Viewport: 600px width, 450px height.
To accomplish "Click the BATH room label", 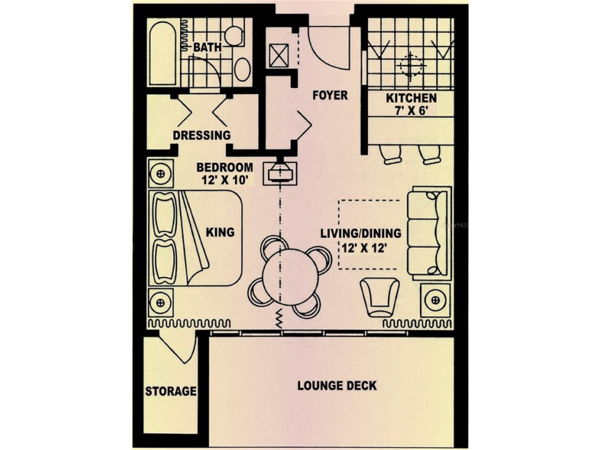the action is click(207, 47).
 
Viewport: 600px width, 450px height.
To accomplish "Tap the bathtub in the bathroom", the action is click(163, 53).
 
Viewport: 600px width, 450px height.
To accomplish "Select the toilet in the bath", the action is click(234, 36).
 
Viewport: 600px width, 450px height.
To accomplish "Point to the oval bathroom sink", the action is click(242, 69).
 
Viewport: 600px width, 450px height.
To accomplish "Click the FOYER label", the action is click(330, 95).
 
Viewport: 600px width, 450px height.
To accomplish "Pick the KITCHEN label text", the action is click(411, 98).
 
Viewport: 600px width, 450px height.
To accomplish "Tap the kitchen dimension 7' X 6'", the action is click(411, 111).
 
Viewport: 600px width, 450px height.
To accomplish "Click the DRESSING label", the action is click(201, 135).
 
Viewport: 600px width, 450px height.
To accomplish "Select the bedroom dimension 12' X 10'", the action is click(225, 180).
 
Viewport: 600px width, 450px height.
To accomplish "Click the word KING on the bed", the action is click(220, 232).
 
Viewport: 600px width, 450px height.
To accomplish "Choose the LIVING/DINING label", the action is click(361, 233).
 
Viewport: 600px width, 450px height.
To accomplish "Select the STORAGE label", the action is click(171, 391).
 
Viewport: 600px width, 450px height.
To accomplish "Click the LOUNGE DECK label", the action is click(337, 385).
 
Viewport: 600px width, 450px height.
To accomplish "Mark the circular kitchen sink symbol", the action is click(411, 66).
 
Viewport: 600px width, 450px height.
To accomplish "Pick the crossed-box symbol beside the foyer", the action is click(279, 56).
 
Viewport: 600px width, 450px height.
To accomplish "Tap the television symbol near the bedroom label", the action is click(280, 172).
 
